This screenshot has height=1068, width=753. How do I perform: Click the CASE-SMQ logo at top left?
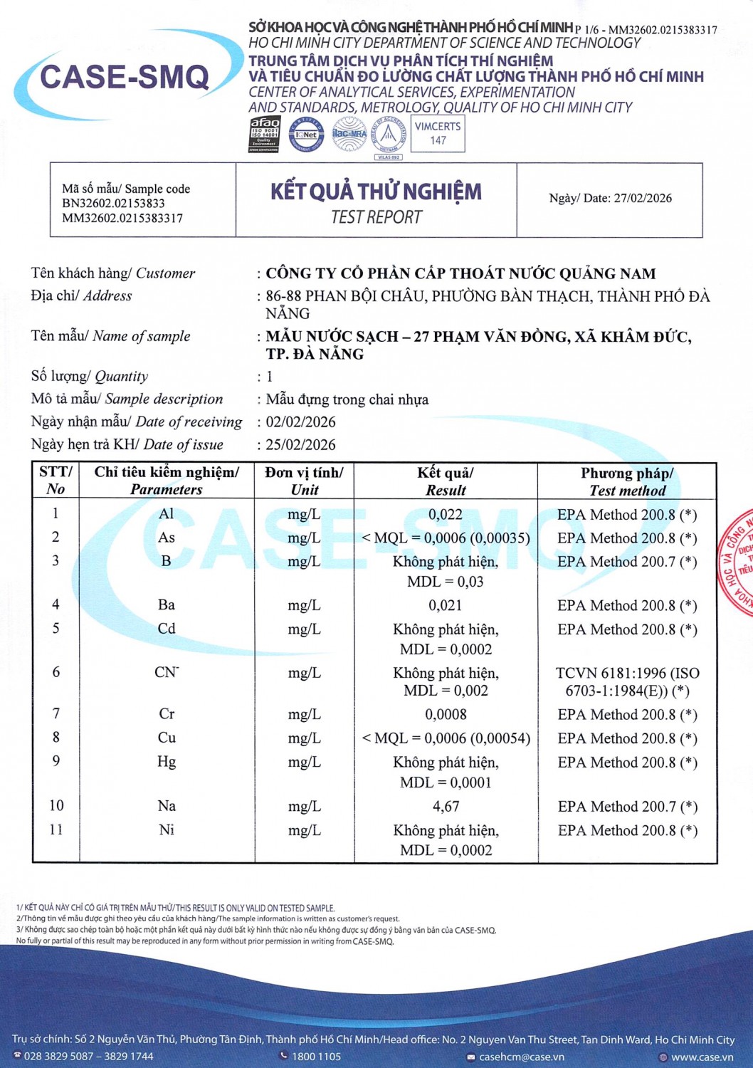[125, 77]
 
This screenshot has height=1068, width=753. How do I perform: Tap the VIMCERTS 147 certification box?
[438, 133]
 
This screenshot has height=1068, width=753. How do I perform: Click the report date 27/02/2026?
[643, 198]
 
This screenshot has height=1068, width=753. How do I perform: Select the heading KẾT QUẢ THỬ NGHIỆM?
[376, 192]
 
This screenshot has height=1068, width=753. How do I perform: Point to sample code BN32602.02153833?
[113, 204]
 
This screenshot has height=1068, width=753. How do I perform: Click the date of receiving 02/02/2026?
[300, 422]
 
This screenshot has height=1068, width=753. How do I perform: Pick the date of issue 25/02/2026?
[300, 445]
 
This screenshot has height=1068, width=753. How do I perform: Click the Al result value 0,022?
[446, 514]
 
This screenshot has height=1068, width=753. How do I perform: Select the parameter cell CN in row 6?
[167, 672]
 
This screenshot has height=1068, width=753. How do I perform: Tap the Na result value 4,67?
[446, 807]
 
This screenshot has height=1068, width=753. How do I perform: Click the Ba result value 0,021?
[446, 605]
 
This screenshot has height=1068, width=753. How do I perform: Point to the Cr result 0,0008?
[446, 714]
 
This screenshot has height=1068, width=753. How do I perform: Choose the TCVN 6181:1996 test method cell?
[627, 681]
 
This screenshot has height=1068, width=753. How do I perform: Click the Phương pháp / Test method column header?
[627, 481]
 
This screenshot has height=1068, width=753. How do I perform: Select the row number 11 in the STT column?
[56, 829]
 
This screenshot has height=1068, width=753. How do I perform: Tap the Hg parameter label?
[167, 762]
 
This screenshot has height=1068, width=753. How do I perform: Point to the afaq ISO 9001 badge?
[264, 134]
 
